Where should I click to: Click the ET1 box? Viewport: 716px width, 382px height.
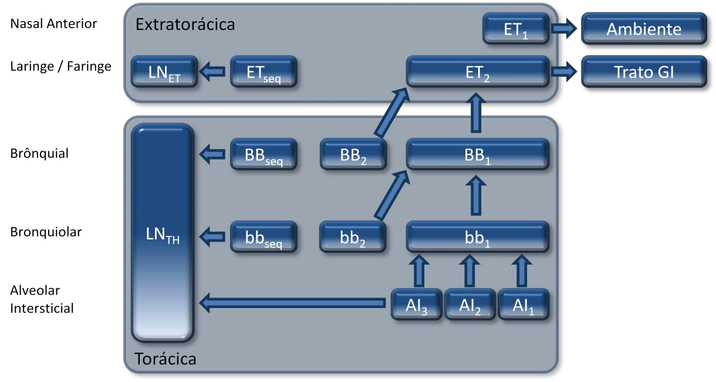click(516, 29)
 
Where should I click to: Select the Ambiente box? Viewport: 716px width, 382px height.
click(644, 29)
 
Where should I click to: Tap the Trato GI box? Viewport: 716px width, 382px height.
click(644, 72)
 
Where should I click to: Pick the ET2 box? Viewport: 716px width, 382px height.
click(478, 72)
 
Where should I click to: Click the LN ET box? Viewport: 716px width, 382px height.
click(164, 72)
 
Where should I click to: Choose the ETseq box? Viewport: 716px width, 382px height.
click(264, 72)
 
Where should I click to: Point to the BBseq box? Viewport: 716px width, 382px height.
click(264, 155)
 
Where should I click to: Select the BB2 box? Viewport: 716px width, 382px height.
click(353, 155)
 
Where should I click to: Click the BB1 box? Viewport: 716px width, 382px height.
click(478, 155)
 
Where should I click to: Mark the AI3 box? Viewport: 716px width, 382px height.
click(416, 304)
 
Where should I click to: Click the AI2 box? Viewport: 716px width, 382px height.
click(470, 304)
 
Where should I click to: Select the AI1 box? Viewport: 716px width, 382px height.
click(524, 304)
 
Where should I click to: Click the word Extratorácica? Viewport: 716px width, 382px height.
click(185, 25)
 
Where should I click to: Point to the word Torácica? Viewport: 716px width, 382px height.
click(166, 359)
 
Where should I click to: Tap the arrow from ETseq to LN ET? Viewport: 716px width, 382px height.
click(212, 72)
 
